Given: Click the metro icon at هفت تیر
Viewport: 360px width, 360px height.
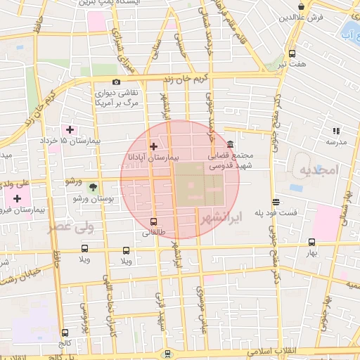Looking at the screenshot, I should [292, 53].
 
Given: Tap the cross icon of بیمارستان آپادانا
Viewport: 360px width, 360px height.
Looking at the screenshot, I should [154, 146].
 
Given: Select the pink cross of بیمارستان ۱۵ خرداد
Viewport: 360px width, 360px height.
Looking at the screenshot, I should [70, 129].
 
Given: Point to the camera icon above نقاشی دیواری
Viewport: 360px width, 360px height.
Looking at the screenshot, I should [116, 82].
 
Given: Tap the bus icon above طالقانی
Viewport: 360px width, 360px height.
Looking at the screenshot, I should [154, 221].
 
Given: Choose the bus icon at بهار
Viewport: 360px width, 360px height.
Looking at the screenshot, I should [311, 241].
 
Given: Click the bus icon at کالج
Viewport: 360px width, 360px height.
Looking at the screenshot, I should [65, 333].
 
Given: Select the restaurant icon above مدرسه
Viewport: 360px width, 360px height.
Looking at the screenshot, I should [335, 131].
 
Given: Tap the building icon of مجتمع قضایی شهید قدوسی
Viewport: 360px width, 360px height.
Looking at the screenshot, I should [230, 144].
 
